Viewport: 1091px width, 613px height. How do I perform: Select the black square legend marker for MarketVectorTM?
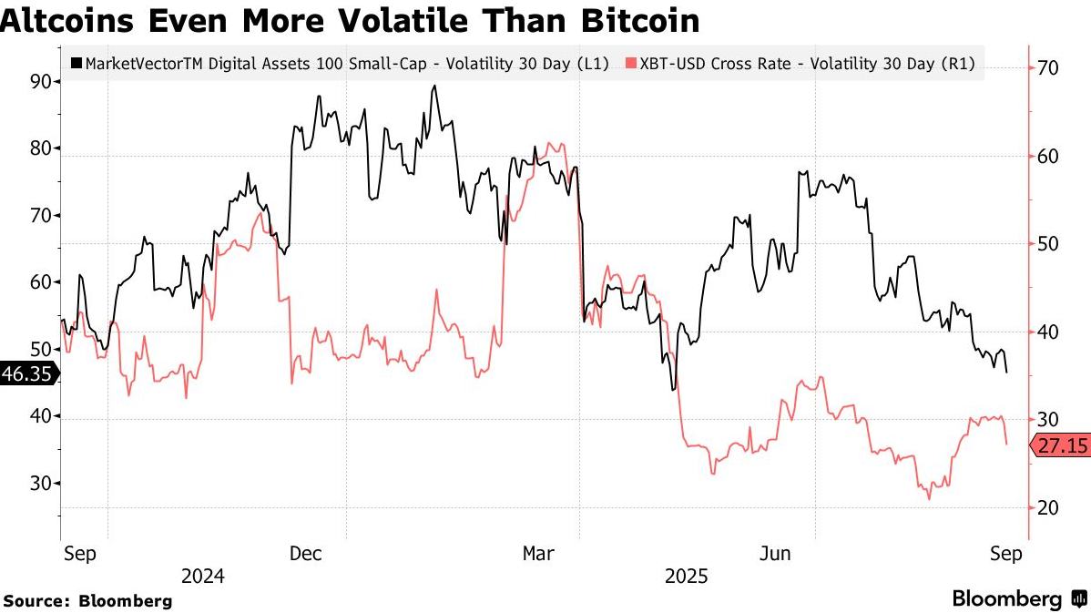(x=76, y=64)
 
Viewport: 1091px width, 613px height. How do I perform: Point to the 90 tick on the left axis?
(x=41, y=81)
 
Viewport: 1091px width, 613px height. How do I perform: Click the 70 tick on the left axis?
(x=41, y=215)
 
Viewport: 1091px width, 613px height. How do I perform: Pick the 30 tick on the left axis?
(x=41, y=483)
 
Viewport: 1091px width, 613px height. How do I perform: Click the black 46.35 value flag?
(x=28, y=373)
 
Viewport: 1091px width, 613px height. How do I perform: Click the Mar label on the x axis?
(x=538, y=554)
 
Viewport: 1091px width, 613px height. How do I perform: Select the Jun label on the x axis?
(x=775, y=554)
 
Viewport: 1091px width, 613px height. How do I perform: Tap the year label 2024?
(x=203, y=577)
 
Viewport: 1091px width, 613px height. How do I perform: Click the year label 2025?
(x=687, y=577)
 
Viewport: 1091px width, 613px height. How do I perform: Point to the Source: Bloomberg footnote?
(x=87, y=601)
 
